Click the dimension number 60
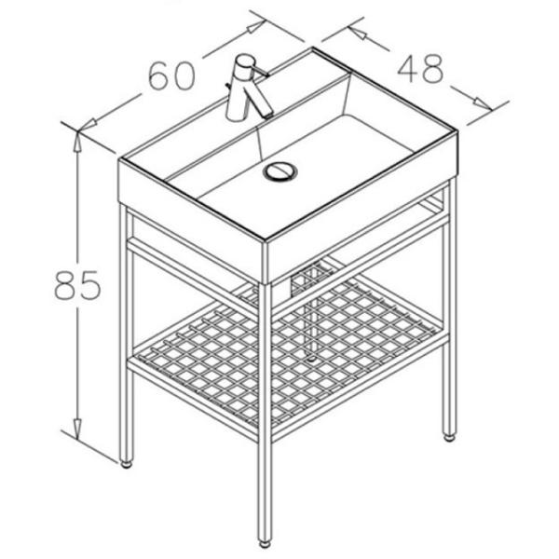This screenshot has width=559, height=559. point(171,76)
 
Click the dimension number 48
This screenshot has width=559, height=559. point(420,69)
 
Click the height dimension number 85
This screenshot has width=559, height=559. point(77,284)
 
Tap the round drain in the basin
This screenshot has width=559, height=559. point(280,170)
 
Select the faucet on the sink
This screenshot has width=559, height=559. point(248,88)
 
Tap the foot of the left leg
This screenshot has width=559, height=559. point(126,464)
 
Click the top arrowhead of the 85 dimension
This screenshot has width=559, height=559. point(77,141)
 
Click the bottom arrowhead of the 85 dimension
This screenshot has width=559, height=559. point(77,429)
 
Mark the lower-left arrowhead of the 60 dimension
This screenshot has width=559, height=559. point(89,125)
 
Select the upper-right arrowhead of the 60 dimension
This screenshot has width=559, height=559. point(256,27)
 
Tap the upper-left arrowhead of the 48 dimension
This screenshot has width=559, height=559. point(358,33)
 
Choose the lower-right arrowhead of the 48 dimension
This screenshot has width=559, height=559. point(483,102)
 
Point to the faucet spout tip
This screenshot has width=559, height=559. point(268,115)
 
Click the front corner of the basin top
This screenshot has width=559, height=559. point(266,239)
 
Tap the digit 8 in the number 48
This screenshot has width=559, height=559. point(433,69)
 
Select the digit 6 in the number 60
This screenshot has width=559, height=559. point(159,76)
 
